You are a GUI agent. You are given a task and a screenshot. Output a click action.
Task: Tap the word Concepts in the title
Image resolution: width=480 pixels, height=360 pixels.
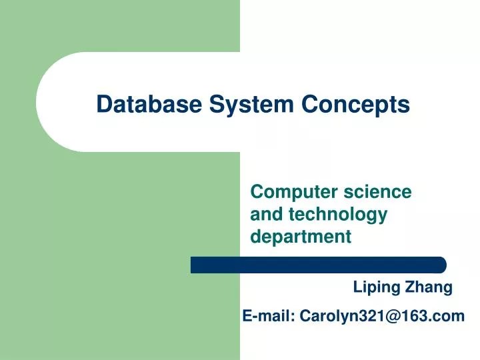[355, 105]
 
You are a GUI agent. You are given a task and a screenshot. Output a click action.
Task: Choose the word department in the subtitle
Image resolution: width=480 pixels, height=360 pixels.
[300, 236]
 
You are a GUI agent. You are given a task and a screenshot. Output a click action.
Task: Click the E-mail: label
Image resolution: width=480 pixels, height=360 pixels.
[269, 316]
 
